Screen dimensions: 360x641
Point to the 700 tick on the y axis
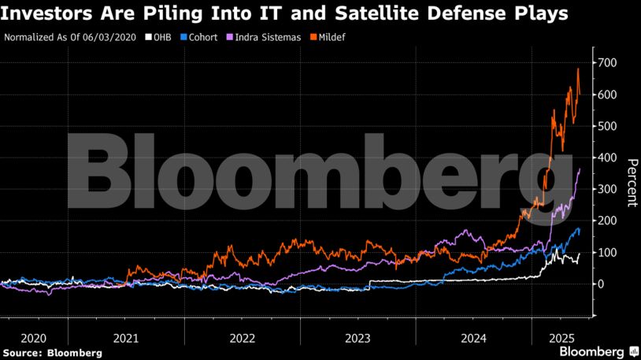point(609,63)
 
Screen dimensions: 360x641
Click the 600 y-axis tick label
point(609,95)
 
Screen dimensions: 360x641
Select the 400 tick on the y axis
point(609,158)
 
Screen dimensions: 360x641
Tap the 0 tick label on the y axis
point(603,284)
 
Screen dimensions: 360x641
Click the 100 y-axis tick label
point(609,253)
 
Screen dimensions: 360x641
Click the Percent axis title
point(632,182)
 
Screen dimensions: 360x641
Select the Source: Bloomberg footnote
point(53,353)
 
